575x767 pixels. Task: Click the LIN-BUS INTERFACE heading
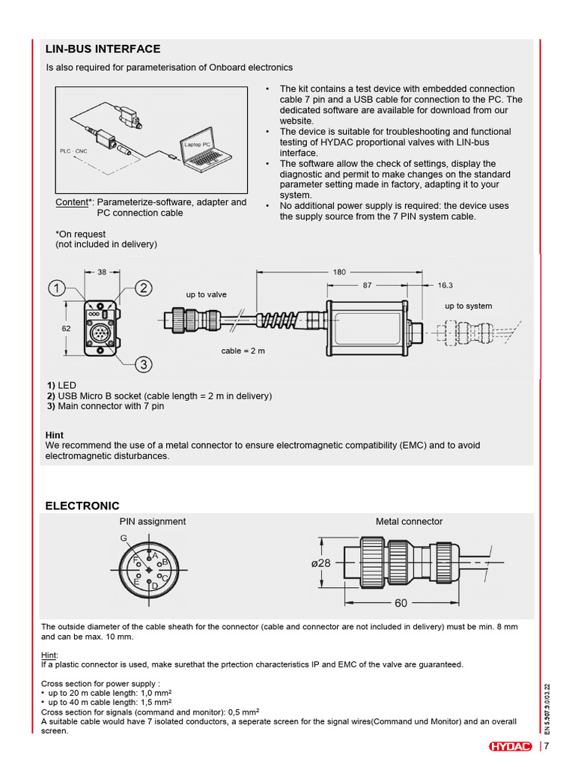103,49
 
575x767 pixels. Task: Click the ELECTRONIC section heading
82,506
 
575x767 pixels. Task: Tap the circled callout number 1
57,287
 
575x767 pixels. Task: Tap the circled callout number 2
143,288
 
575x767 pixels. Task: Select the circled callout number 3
143,365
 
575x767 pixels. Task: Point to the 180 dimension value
340,272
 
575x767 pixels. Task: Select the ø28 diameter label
320,563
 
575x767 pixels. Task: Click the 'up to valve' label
206,295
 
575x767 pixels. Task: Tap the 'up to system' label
468,306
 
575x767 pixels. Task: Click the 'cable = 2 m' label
243,351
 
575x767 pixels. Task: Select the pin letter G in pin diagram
124,539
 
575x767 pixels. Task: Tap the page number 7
547,746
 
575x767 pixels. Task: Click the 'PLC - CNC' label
73,151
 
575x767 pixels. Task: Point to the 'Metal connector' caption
409,521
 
